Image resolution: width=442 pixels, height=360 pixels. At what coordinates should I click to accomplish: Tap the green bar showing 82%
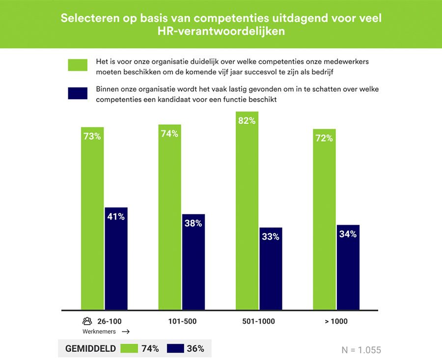coord(247,211)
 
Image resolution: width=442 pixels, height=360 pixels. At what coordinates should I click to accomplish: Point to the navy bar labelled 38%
coord(193,262)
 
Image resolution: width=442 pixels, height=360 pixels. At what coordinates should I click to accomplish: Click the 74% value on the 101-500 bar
coord(169,133)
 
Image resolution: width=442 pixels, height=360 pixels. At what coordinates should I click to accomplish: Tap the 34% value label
coord(348,234)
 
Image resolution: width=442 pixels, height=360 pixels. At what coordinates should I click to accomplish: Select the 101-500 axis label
coord(181,322)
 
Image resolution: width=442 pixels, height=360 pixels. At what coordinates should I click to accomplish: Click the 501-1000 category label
coord(258,322)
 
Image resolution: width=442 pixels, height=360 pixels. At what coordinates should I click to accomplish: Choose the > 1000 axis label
coord(336,322)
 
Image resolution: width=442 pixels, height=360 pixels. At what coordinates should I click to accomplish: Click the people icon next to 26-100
coord(87,321)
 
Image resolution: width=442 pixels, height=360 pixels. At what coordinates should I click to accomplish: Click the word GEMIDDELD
coord(90,349)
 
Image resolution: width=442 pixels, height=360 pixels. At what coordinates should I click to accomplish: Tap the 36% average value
coord(195,349)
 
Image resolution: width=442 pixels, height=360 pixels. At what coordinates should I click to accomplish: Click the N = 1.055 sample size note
coord(361,350)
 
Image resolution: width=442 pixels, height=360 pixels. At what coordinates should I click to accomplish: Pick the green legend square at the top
coord(78,65)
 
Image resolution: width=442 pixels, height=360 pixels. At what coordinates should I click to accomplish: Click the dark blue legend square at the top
coord(78,93)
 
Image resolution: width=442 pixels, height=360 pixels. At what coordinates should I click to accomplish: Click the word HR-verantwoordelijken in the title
coord(221,31)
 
